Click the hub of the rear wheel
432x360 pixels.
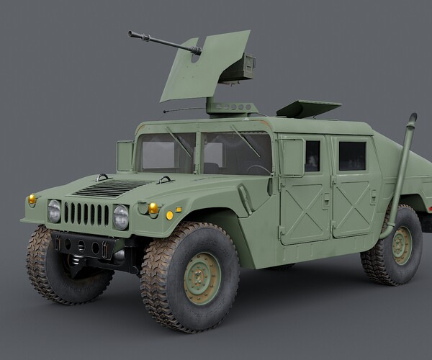pos(401,246)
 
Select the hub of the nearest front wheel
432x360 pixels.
pos(202,277)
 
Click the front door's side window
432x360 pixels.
pos(311,156)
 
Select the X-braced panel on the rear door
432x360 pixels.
pos(353,202)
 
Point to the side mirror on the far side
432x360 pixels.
pos(125,156)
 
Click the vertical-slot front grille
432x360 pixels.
pos(86,214)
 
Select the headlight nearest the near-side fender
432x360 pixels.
pos(121,217)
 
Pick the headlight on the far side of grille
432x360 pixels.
pos(54,211)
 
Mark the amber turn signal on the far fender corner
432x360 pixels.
pos(32,199)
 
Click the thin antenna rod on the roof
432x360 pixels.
pos(184,110)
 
